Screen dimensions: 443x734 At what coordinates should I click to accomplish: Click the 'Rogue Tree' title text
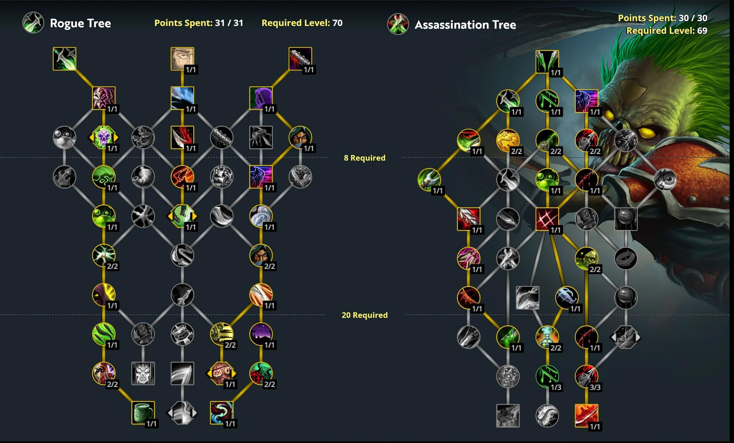click(x=80, y=23)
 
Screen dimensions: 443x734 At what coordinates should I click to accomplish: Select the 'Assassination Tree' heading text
click(x=465, y=25)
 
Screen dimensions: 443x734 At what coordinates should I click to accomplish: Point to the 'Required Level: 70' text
click(x=302, y=23)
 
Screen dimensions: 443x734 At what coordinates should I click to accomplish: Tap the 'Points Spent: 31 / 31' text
click(x=198, y=23)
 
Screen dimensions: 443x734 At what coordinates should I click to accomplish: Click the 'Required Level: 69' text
click(x=666, y=30)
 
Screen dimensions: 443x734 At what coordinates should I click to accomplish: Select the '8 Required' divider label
click(x=364, y=158)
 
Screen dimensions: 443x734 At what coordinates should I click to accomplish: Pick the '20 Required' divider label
click(x=364, y=315)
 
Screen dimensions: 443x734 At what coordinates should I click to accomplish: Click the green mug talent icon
click(x=143, y=413)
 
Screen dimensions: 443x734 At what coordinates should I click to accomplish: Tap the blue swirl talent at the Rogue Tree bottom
click(x=221, y=413)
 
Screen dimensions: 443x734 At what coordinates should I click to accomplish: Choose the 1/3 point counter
click(x=556, y=387)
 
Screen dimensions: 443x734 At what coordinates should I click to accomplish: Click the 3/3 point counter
click(x=595, y=387)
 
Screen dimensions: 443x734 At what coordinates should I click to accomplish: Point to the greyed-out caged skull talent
click(x=143, y=373)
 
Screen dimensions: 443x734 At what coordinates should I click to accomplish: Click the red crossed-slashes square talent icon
click(x=547, y=219)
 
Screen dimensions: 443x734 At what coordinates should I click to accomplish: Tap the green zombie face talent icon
click(x=586, y=258)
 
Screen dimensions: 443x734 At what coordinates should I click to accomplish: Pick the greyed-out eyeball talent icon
click(x=665, y=180)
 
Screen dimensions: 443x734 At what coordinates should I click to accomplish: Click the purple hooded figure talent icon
click(x=261, y=98)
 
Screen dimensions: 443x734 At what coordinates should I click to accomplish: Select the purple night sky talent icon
click(x=261, y=334)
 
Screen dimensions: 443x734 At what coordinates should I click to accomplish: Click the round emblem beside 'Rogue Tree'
click(x=33, y=23)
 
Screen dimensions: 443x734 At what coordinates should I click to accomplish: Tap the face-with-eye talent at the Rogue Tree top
click(x=182, y=59)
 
